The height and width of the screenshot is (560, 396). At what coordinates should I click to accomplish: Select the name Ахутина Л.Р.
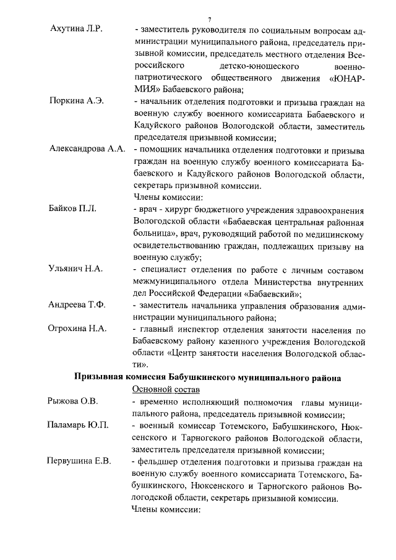pyautogui.click(x=75, y=29)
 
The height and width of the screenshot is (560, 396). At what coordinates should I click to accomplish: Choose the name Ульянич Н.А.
pyautogui.click(x=75, y=270)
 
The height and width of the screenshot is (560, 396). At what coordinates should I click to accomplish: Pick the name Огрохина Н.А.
pyautogui.click(x=77, y=329)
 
